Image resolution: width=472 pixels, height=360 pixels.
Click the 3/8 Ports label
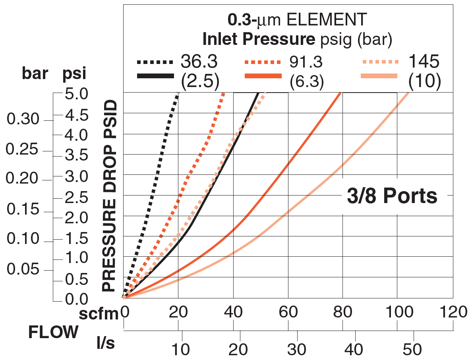click(x=392, y=197)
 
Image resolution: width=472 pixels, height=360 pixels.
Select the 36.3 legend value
click(x=199, y=62)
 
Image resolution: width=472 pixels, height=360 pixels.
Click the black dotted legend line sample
click(x=155, y=62)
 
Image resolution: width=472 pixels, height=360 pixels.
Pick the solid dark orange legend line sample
click(x=263, y=75)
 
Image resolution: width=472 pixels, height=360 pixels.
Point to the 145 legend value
click(x=424, y=62)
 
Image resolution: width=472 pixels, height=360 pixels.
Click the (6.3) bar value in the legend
click(x=306, y=81)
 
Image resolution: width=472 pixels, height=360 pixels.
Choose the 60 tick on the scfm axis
click(x=288, y=313)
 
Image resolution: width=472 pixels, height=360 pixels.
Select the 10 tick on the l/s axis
click(x=182, y=349)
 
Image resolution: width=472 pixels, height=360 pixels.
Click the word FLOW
click(x=53, y=333)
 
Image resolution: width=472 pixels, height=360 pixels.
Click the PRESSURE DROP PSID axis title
click(x=109, y=197)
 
